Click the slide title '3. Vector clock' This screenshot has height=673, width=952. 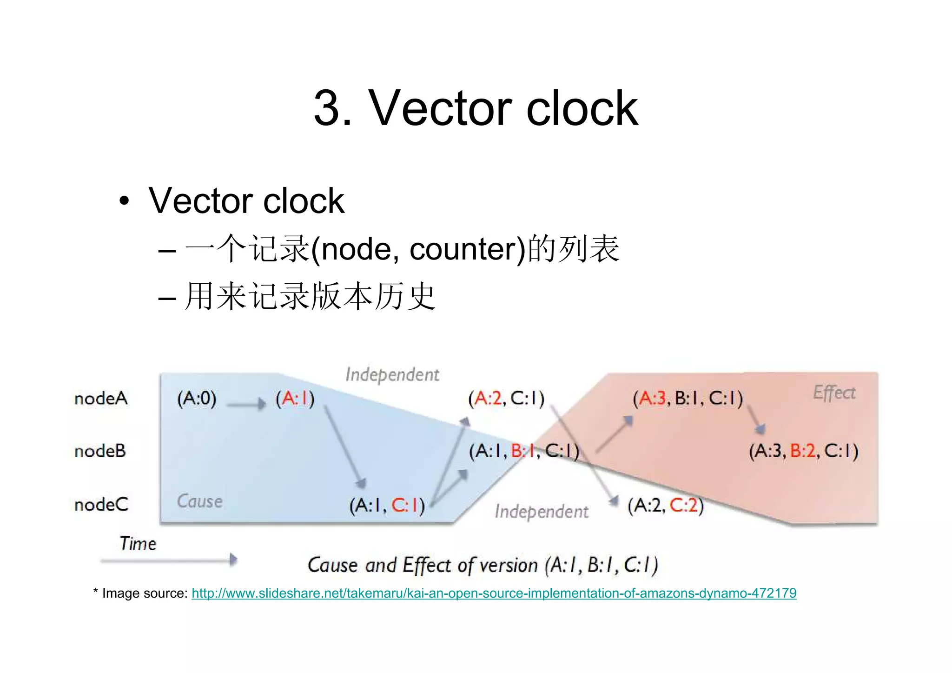pyautogui.click(x=476, y=108)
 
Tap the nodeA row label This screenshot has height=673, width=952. pyautogui.click(x=101, y=399)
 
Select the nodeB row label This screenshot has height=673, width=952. pyautogui.click(x=100, y=451)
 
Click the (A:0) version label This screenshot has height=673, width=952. pyautogui.click(x=197, y=399)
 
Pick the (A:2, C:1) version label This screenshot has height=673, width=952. pyautogui.click(x=506, y=399)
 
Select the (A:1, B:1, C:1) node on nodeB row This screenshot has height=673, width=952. pyautogui.click(x=523, y=451)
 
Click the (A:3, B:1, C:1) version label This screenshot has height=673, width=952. pyautogui.click(x=688, y=399)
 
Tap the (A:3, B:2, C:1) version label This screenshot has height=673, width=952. pyautogui.click(x=803, y=451)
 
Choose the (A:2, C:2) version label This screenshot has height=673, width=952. pyautogui.click(x=665, y=505)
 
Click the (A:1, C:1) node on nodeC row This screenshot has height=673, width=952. pyautogui.click(x=387, y=506)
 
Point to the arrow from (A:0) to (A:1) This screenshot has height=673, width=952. pyautogui.click(x=245, y=404)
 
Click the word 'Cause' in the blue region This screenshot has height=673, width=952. pyautogui.click(x=199, y=501)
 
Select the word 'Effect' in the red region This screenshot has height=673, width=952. pyautogui.click(x=834, y=393)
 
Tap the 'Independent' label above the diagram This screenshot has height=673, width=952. pyautogui.click(x=392, y=375)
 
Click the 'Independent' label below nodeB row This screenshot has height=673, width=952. pyautogui.click(x=542, y=512)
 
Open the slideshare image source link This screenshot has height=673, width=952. pyautogui.click(x=494, y=593)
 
